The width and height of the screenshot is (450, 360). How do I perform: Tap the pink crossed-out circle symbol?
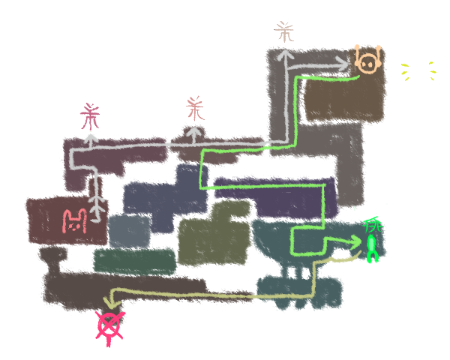[110, 326]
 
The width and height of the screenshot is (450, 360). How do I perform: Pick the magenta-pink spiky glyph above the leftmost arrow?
[91, 117]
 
